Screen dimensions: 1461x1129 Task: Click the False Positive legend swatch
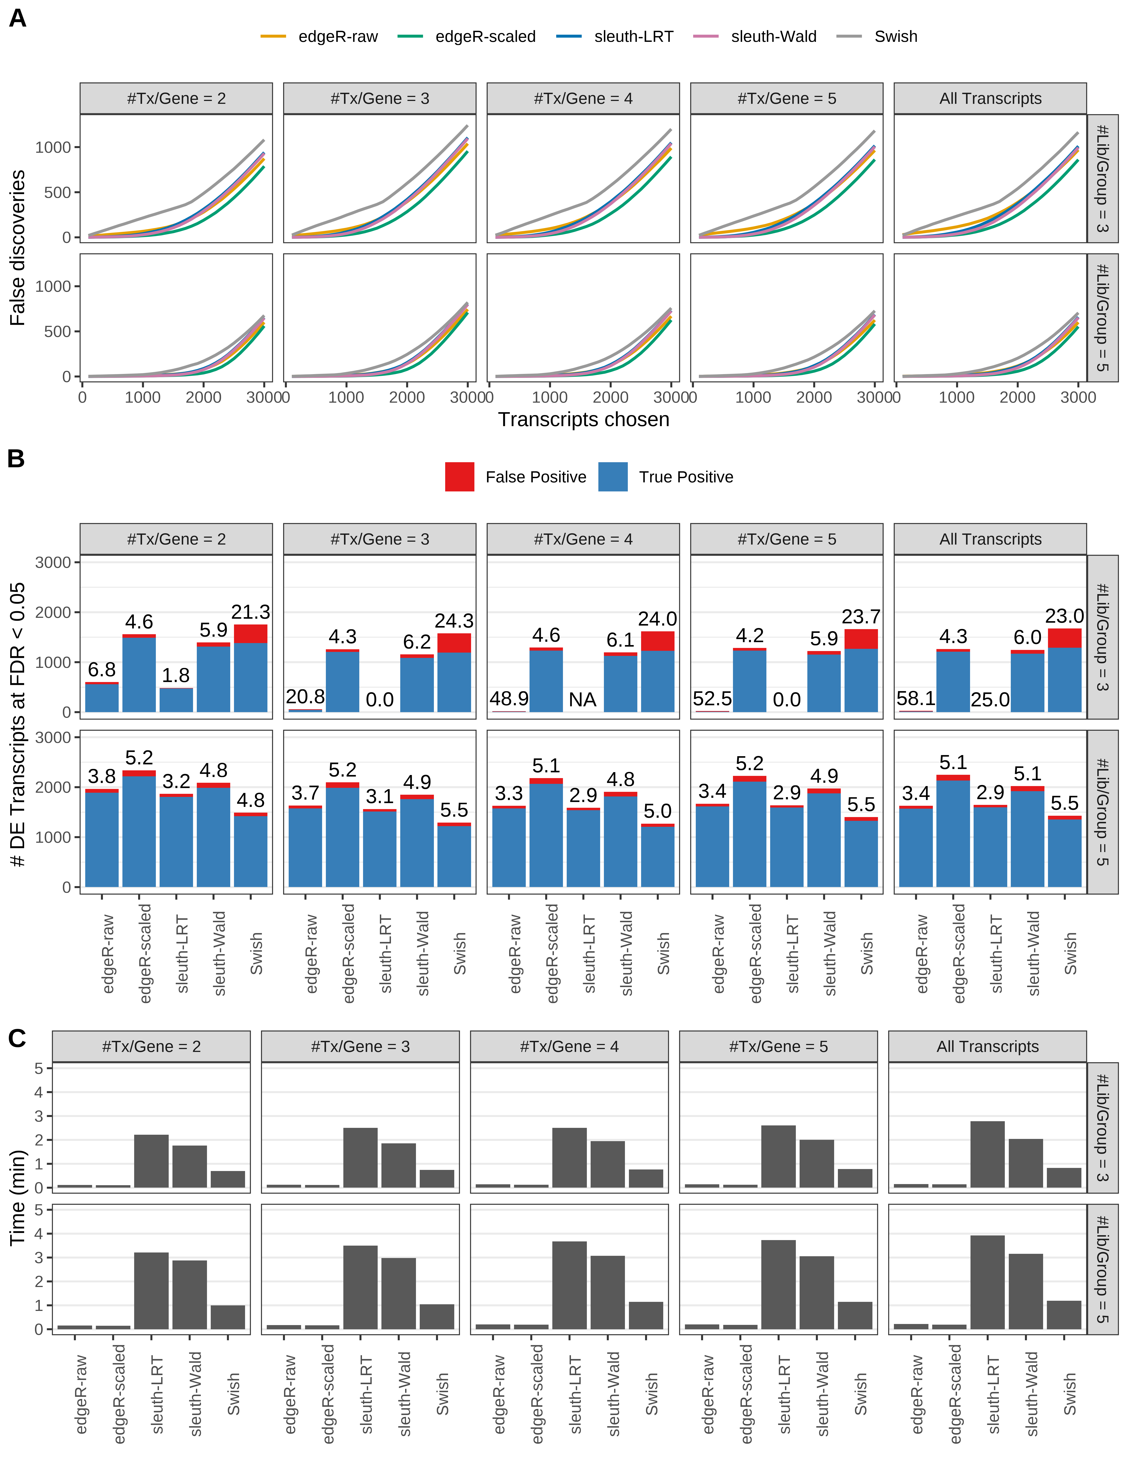pos(460,477)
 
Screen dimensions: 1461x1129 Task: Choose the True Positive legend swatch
pos(613,477)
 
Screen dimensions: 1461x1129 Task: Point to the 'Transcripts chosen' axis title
pos(583,419)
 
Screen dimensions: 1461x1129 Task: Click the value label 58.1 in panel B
pos(916,698)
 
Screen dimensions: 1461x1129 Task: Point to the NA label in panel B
pos(583,700)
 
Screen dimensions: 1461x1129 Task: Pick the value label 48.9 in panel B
pos(509,698)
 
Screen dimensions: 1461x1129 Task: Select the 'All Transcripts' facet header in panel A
pos(990,98)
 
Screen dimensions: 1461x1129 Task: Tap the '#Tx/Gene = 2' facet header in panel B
pos(176,539)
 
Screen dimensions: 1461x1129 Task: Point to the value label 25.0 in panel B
pos(990,700)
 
